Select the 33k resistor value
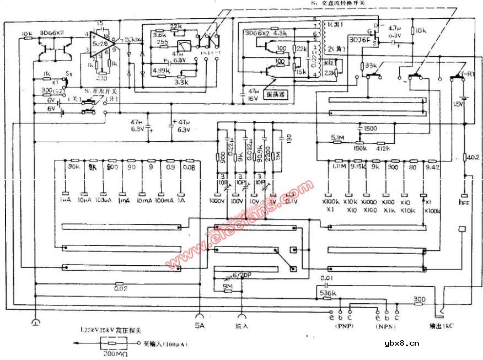(371, 66)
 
